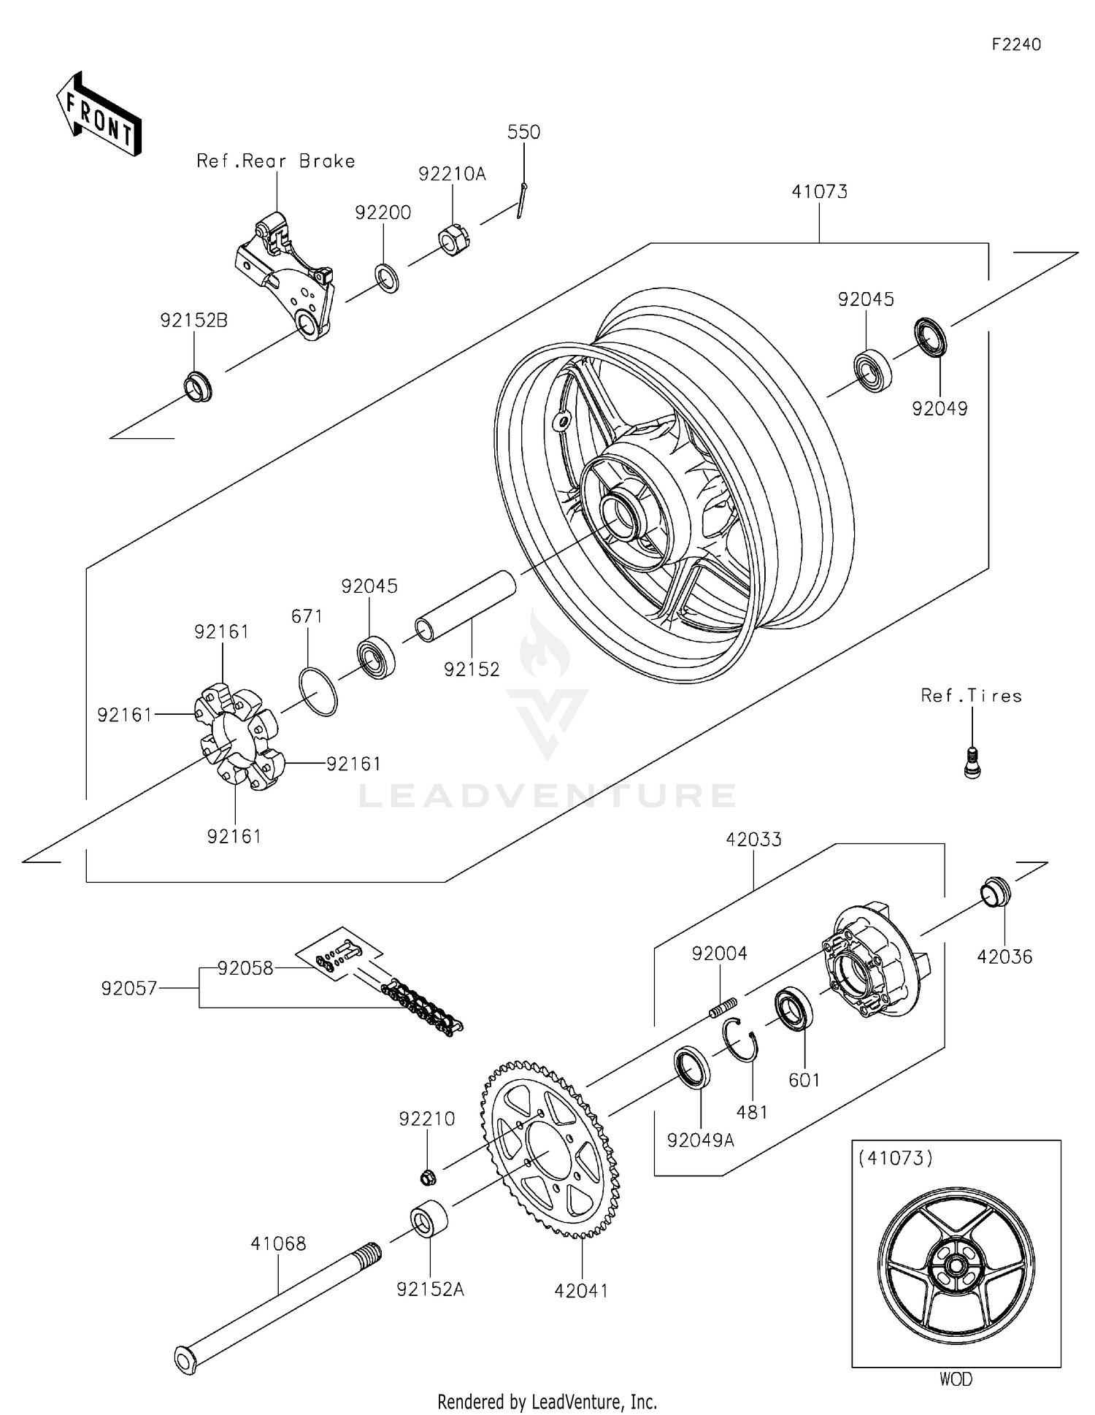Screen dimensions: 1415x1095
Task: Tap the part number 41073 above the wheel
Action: [819, 192]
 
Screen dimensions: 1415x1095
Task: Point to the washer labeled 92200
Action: [387, 278]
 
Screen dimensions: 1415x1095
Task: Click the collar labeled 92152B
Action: [197, 387]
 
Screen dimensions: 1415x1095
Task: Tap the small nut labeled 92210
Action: [429, 1176]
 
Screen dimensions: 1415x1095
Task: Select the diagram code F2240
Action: [1015, 45]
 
